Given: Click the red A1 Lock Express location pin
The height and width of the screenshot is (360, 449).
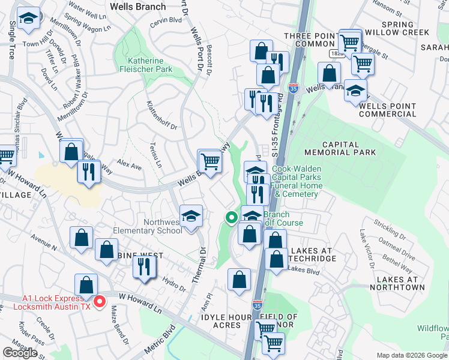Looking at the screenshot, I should click(101, 301).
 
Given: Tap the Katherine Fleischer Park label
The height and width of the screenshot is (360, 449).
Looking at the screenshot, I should click(150, 65).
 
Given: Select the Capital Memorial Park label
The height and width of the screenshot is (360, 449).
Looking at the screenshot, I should click(349, 148).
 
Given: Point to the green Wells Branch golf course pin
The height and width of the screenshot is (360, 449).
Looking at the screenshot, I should click(231, 218).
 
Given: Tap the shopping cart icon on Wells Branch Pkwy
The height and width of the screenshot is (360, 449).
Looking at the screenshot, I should click(209, 161).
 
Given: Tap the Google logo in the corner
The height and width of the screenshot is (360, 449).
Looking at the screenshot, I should click(20, 352).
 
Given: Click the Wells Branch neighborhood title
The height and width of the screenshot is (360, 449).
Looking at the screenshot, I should click(134, 7).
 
